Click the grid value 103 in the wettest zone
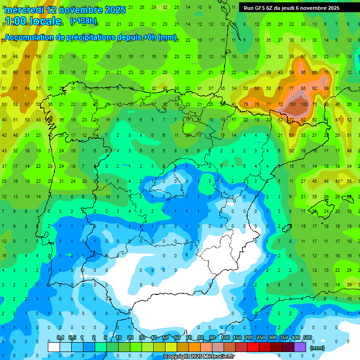tap(304, 104)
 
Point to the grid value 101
tap(292, 104)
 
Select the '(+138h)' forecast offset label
tap(83, 21)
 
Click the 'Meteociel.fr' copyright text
tap(216, 357)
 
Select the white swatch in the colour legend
tap(54, 347)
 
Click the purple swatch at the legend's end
tap(300, 347)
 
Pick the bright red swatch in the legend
tap(253, 347)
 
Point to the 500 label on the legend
tap(307, 338)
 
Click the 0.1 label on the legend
tap(60, 338)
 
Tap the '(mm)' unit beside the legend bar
tap(317, 348)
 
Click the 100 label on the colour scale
tap(225, 338)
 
